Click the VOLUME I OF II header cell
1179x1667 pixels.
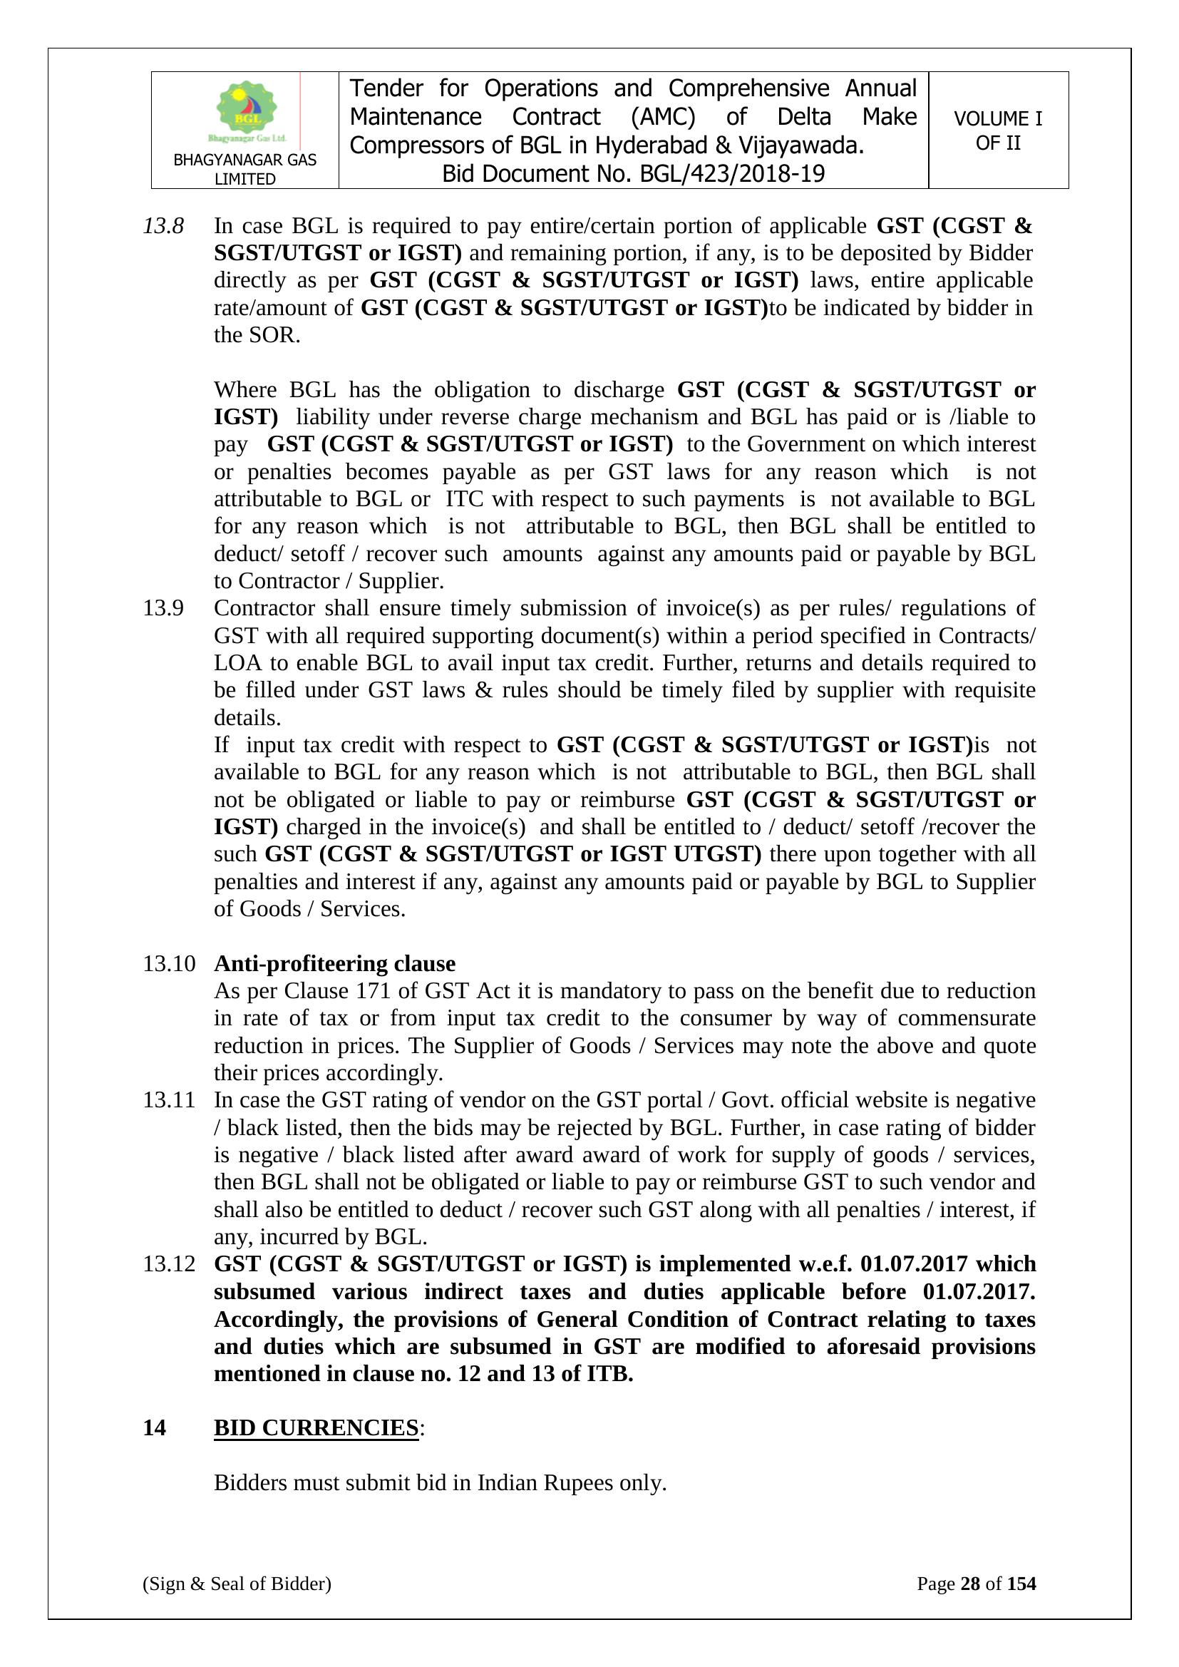[997, 130]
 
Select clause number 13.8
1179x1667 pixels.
[163, 227]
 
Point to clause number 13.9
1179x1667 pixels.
[163, 607]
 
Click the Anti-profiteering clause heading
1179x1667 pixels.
[335, 963]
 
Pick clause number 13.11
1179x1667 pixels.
[169, 1100]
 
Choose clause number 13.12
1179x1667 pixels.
[169, 1264]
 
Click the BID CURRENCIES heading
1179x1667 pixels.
[316, 1428]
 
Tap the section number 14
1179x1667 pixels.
[154, 1428]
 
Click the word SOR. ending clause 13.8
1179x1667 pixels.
[279, 335]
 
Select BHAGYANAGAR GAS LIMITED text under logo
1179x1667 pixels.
[244, 169]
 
